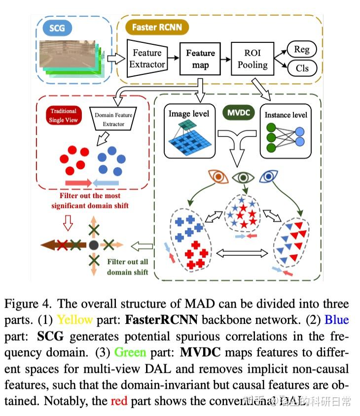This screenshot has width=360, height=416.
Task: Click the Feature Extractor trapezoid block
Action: (146, 59)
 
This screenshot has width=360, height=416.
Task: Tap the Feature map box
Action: (200, 59)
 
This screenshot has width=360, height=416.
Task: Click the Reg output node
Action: (301, 49)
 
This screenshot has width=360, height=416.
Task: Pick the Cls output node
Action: (301, 69)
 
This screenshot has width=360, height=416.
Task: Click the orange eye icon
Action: (218, 176)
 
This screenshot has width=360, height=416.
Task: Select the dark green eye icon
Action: (242, 176)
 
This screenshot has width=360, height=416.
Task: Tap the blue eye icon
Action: (269, 176)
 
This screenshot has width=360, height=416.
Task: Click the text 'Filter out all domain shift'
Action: (127, 267)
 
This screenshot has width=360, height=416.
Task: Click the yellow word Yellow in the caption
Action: (74, 319)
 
